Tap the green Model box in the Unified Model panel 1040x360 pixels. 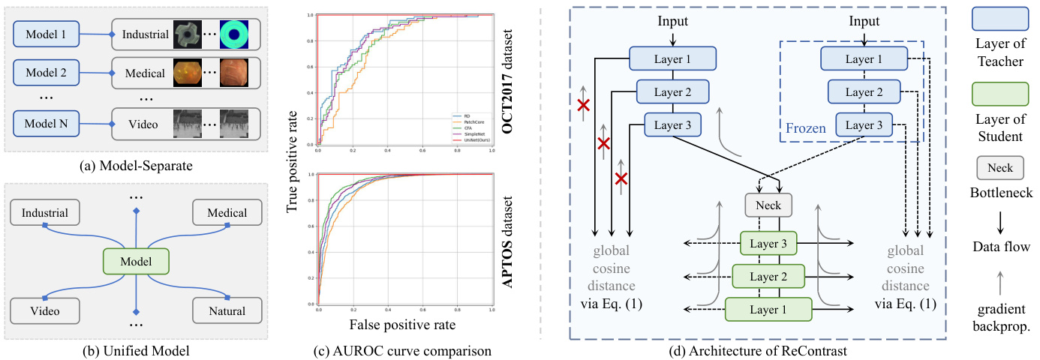click(x=136, y=262)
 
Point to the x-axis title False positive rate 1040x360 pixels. click(x=403, y=325)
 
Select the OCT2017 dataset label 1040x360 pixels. click(x=515, y=74)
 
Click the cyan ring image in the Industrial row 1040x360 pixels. click(x=237, y=34)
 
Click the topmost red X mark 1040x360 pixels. click(x=583, y=107)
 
